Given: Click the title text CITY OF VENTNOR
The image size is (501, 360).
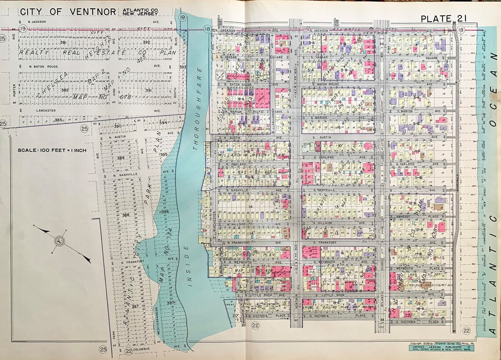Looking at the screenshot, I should [68, 12].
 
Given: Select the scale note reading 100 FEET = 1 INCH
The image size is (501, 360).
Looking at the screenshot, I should [52, 150].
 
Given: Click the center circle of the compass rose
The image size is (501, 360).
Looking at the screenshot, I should [58, 240].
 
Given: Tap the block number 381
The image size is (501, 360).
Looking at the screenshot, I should [63, 42].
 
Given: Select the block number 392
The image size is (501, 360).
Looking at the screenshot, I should [146, 42].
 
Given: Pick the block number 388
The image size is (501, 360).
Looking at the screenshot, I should [126, 215].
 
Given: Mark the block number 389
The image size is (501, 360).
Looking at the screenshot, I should [121, 157].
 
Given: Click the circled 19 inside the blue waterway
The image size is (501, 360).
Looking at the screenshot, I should [182, 17].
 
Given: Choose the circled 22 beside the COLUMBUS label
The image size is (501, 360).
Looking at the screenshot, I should [129, 351].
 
